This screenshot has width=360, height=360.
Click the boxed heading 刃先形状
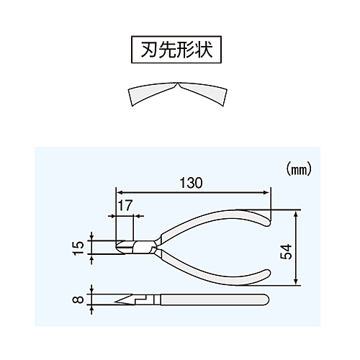176,50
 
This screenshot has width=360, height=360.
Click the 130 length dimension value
192,183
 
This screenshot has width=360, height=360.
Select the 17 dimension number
125,205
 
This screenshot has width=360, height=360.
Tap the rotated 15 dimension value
78,248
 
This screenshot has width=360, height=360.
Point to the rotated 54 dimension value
286,252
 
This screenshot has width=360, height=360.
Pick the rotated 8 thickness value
78,300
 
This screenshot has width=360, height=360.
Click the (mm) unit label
299,170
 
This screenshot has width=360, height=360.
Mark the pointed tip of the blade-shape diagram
177,84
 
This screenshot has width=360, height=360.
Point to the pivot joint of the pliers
153,246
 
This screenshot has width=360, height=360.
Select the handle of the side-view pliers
215,300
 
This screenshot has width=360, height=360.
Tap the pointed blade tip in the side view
116,302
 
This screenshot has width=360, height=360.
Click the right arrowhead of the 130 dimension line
267,192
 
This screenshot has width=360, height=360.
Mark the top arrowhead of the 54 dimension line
296,214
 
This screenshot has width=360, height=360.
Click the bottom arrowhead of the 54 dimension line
296,282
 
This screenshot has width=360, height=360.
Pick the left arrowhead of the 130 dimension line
120,192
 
